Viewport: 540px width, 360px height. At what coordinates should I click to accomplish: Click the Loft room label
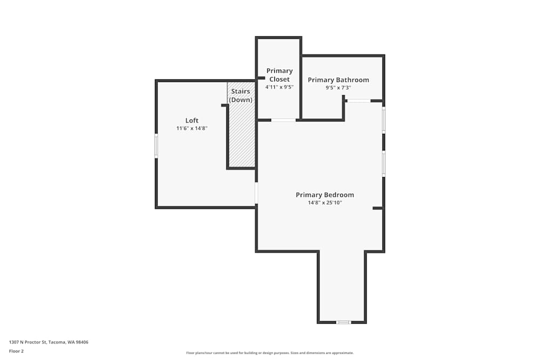click(x=192, y=120)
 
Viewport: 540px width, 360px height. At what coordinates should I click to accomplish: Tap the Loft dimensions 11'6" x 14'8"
click(x=192, y=128)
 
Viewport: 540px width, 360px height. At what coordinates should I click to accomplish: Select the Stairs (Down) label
click(x=241, y=96)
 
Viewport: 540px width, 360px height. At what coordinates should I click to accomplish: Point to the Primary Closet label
click(x=279, y=75)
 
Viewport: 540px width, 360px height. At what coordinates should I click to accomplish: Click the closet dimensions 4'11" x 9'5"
click(x=279, y=87)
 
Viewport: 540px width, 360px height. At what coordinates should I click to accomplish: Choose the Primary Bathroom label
click(x=339, y=80)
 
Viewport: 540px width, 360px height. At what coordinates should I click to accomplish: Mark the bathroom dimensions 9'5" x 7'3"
click(x=339, y=87)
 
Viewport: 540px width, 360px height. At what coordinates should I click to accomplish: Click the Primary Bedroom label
click(x=325, y=195)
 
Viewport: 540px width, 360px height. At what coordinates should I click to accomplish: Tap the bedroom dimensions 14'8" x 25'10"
click(x=325, y=203)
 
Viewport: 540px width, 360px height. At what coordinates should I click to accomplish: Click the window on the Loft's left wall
click(x=156, y=146)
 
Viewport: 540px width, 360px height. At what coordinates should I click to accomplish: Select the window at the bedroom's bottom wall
click(x=343, y=322)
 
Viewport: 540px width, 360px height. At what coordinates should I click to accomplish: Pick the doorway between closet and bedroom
click(x=283, y=120)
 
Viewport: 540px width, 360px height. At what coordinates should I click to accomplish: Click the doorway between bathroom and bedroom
click(x=358, y=100)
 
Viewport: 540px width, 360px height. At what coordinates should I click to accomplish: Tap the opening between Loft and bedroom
click(x=256, y=193)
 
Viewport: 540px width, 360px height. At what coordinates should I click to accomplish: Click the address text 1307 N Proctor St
click(x=49, y=342)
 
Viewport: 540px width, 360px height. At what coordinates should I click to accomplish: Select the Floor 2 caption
click(x=16, y=351)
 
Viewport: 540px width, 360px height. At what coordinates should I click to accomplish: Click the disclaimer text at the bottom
click(x=269, y=353)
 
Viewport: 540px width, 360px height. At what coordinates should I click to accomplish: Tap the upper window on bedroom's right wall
click(x=383, y=120)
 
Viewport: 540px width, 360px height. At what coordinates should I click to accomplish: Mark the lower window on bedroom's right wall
click(x=383, y=163)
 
